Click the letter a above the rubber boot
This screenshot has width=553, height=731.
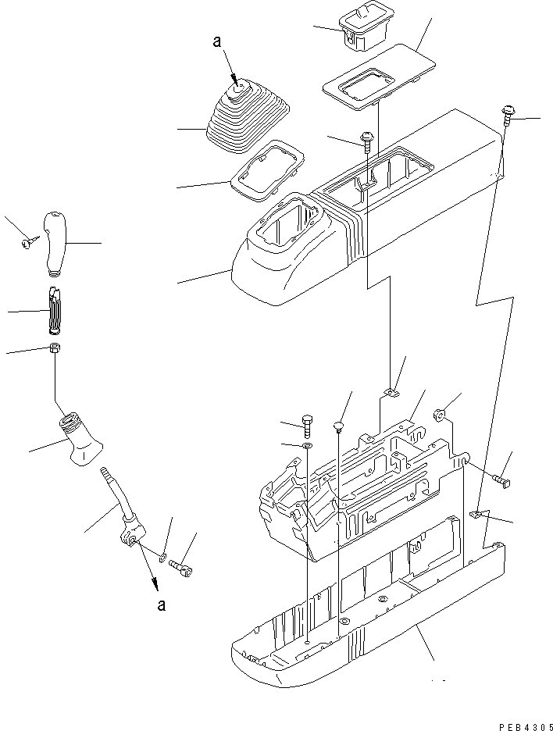click(x=217, y=42)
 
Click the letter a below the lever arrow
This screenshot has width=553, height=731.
click(x=162, y=605)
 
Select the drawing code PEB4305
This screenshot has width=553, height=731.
click(x=526, y=727)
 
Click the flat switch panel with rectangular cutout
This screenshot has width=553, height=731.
click(x=378, y=77)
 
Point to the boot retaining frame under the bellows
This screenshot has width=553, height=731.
click(x=268, y=170)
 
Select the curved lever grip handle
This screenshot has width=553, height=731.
click(x=55, y=243)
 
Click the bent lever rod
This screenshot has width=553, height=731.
click(x=122, y=506)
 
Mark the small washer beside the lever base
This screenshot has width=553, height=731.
click(x=162, y=556)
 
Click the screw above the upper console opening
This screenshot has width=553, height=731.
click(x=366, y=140)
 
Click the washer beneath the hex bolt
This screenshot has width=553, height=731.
click(x=307, y=447)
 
